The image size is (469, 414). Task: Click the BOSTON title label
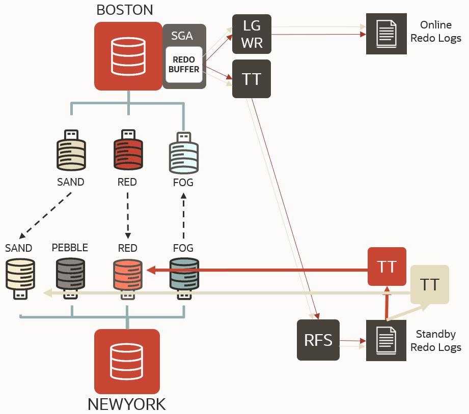[124, 9]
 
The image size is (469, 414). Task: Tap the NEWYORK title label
[127, 404]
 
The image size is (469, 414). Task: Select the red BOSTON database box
[127, 56]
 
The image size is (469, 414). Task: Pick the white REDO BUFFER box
[184, 65]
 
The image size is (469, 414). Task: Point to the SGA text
[182, 36]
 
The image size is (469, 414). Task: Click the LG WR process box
[252, 34]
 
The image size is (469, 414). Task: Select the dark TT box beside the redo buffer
[252, 79]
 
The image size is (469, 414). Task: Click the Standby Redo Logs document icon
[386, 340]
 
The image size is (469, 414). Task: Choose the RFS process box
[318, 340]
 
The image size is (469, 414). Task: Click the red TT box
[387, 267]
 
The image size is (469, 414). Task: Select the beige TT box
[430, 284]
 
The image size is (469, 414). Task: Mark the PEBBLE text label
[70, 248]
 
